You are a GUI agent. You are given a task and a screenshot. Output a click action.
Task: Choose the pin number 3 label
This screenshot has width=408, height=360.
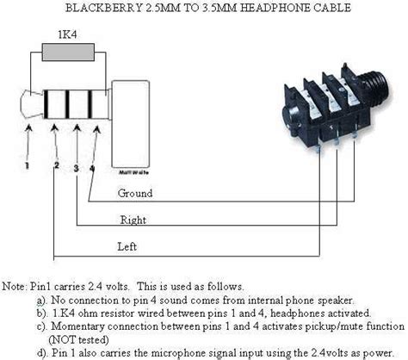click(77, 168)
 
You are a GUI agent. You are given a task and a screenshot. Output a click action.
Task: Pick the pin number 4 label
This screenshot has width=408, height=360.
click(92, 162)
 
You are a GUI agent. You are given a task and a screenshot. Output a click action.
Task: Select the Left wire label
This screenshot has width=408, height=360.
click(127, 247)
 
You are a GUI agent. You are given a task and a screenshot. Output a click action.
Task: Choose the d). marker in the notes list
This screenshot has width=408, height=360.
click(40, 352)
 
